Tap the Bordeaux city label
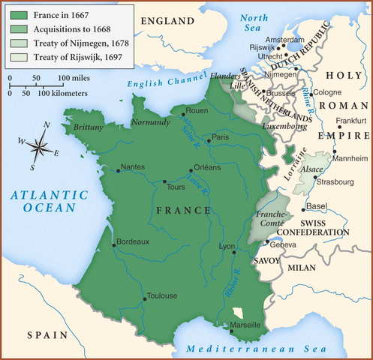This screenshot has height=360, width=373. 134,241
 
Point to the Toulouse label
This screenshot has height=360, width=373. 162,295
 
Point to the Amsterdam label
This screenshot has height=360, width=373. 287,40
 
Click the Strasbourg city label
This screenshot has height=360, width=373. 335,182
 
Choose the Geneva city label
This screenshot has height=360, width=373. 283,245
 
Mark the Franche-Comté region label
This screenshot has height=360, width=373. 272,218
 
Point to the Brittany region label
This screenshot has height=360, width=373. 88,127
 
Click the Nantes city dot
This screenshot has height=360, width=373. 118,171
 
